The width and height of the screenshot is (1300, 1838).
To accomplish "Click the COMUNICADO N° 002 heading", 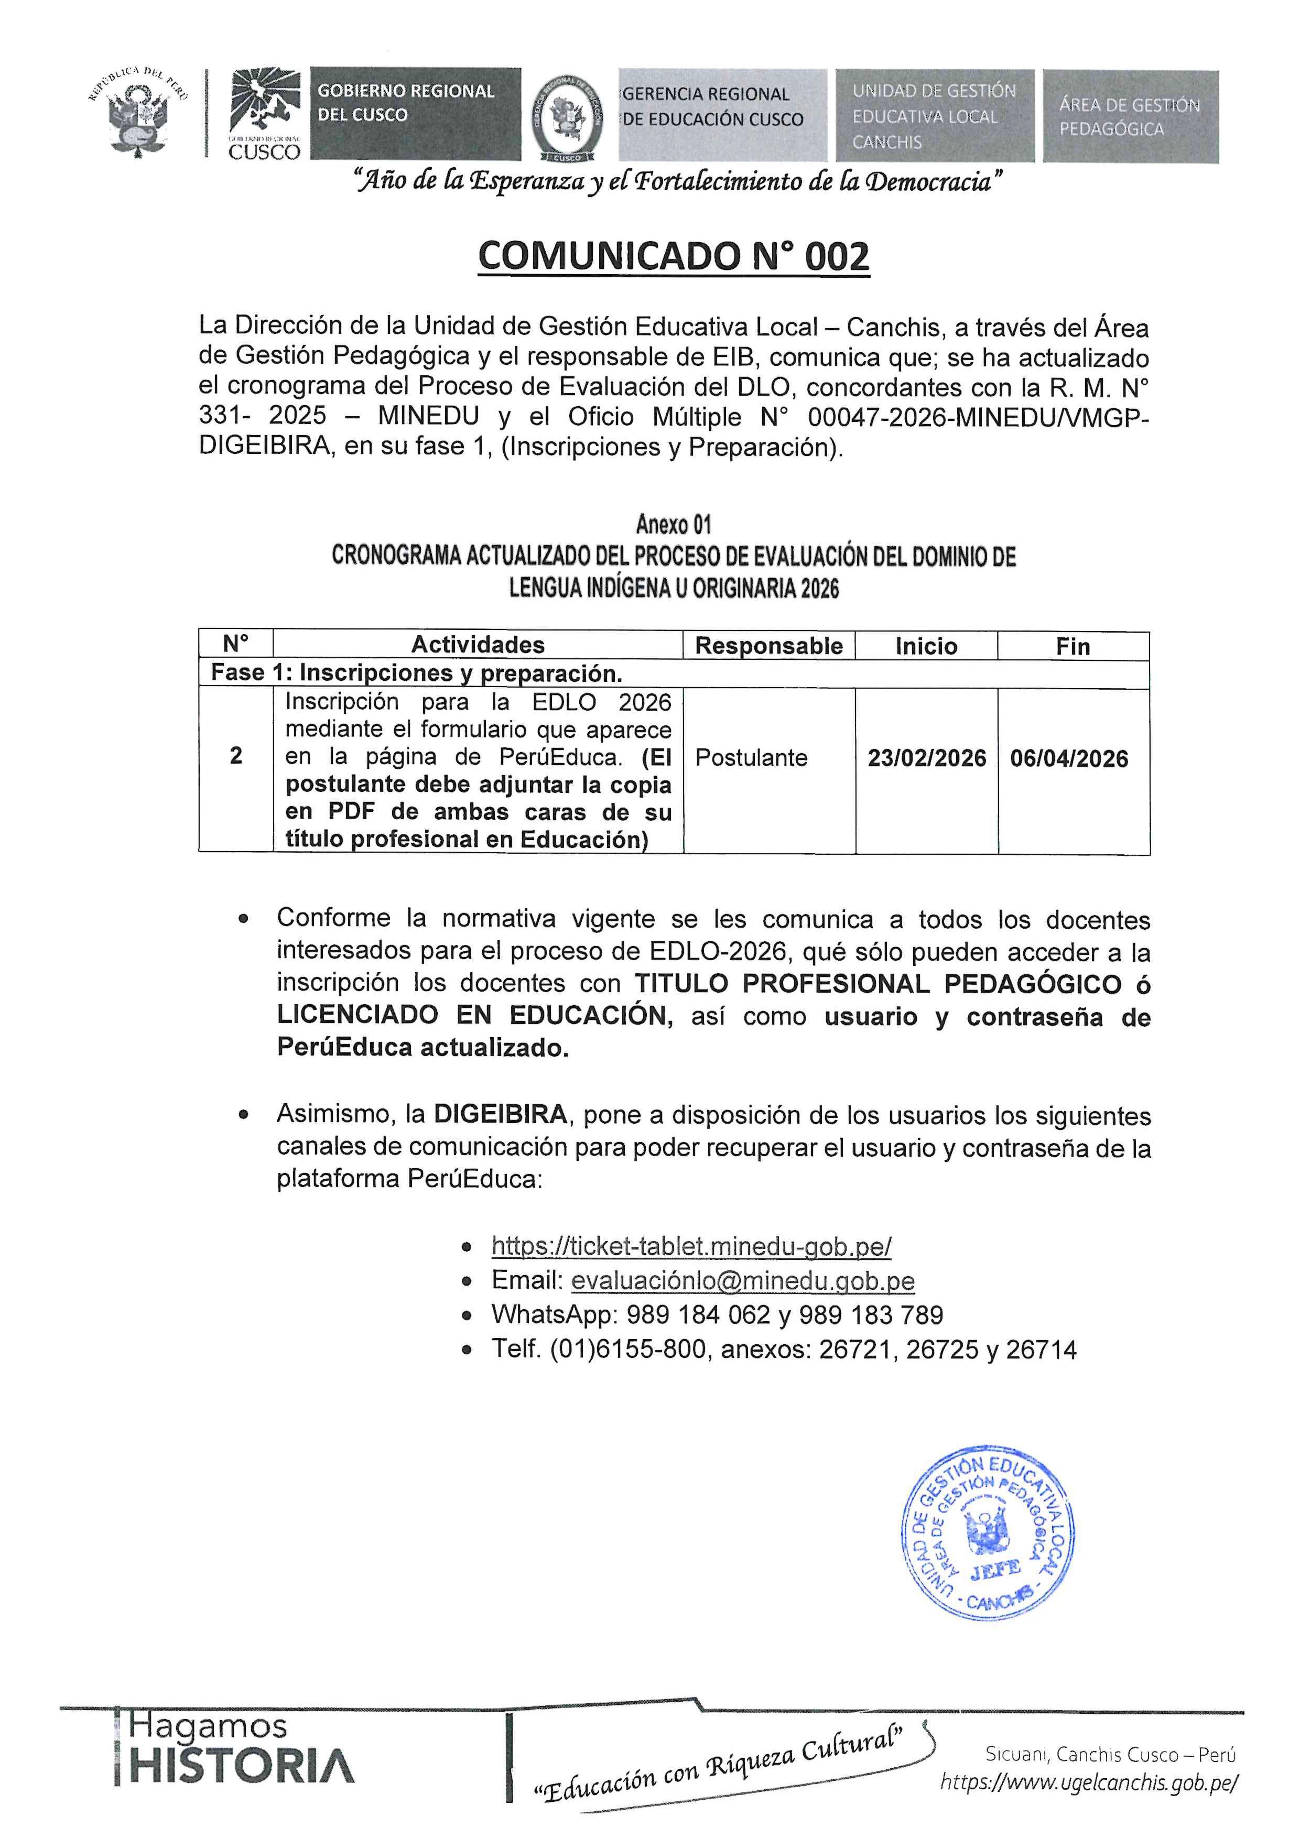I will pyautogui.click(x=673, y=257).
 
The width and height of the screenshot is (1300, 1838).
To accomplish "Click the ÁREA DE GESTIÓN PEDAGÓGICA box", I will pyautogui.click(x=1130, y=117).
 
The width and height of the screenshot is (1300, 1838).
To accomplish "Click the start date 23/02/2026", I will pyautogui.click(x=926, y=758).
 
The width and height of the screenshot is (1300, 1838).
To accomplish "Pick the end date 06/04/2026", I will pyautogui.click(x=1069, y=758).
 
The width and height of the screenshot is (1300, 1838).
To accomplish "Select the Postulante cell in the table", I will pyautogui.click(x=751, y=757).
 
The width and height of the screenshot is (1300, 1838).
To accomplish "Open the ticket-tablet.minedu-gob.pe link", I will pyautogui.click(x=691, y=1246).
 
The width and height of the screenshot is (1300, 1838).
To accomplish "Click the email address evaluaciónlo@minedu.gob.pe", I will pyautogui.click(x=742, y=1281).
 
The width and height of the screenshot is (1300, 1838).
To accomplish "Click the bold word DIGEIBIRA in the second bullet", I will pyautogui.click(x=500, y=1114).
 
